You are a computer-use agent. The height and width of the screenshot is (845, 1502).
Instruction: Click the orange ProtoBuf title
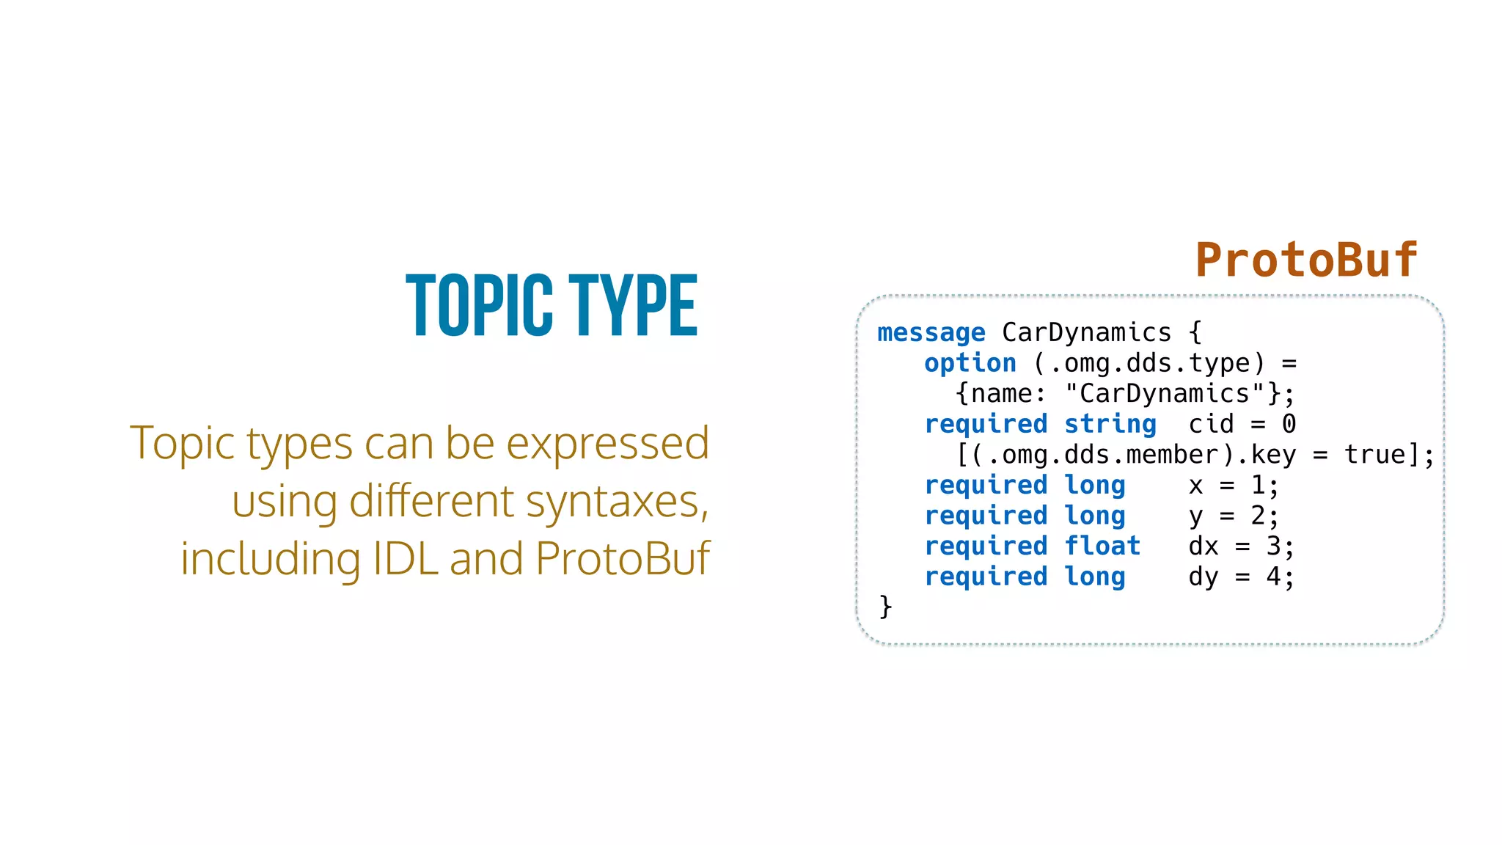tap(1306, 260)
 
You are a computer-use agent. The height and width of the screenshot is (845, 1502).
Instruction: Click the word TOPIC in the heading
tap(479, 305)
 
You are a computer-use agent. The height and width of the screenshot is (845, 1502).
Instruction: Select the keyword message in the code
tap(931, 333)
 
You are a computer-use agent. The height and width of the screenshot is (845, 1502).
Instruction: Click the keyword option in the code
tap(970, 363)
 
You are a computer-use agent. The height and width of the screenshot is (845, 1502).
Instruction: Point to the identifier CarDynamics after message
tap(1086, 332)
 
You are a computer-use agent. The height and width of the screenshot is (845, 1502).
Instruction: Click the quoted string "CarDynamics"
tap(1165, 394)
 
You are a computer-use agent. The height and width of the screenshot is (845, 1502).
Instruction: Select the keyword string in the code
tap(1110, 424)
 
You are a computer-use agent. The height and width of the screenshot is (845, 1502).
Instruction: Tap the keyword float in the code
tap(1102, 546)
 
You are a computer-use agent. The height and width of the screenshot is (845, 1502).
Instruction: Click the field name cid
tap(1211, 424)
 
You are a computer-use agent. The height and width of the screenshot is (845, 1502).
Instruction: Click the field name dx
tap(1204, 546)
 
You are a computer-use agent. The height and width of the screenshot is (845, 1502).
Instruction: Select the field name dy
tap(1204, 577)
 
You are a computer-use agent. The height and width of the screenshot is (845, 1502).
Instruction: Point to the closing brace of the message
tap(885, 607)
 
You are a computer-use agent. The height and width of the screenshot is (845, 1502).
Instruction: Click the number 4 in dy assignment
tap(1273, 577)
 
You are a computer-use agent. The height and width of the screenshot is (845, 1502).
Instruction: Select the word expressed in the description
tap(607, 443)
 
